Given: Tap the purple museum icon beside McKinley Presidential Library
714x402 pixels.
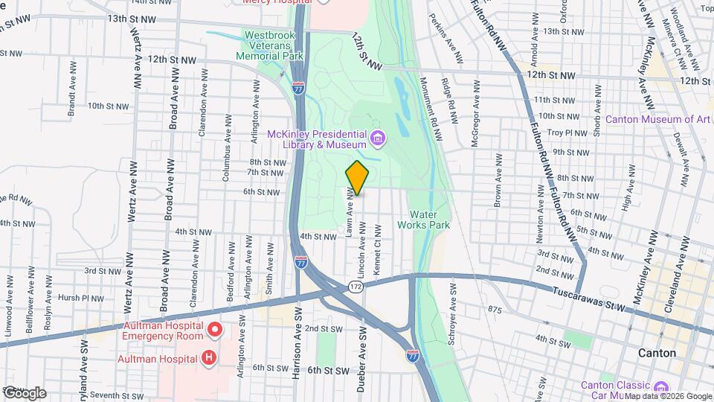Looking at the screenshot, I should coord(379,138).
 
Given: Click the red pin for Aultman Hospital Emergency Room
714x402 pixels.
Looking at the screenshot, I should coord(215,328).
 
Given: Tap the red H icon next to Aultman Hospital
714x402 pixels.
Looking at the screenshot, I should coord(209,359).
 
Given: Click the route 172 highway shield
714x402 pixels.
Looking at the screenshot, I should coord(357,286).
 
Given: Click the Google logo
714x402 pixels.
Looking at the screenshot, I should coord(25,393).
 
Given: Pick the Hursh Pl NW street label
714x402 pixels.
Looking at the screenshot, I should coord(81,298).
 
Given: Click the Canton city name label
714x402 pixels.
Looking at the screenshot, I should coord(657,353).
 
